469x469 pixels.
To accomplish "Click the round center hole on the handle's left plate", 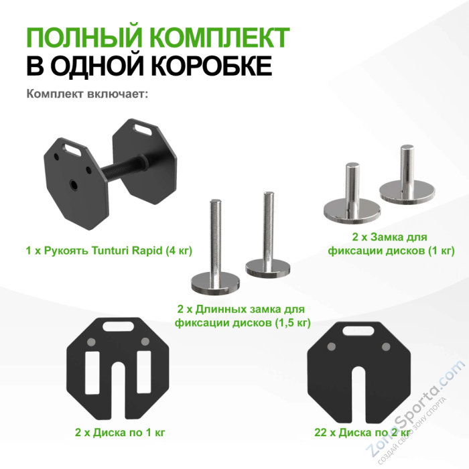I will [72, 182].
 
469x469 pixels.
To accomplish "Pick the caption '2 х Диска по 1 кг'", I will [120, 432].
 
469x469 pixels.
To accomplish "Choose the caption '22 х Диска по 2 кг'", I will [354, 432].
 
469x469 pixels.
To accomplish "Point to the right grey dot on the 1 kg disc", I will [146, 343].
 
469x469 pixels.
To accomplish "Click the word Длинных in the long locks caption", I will [224, 310].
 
